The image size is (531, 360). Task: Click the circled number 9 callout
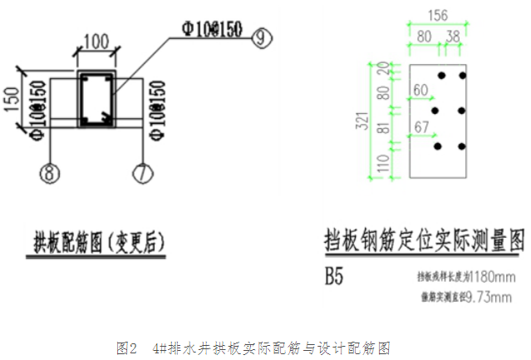point(263,37)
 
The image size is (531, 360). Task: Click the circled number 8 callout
point(51,173)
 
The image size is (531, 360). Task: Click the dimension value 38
point(453,37)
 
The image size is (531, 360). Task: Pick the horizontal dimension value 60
point(420,90)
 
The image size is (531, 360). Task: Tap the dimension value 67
point(423,126)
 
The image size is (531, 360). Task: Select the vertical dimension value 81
point(384,129)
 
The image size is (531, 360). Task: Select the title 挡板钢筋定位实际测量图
point(424,241)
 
